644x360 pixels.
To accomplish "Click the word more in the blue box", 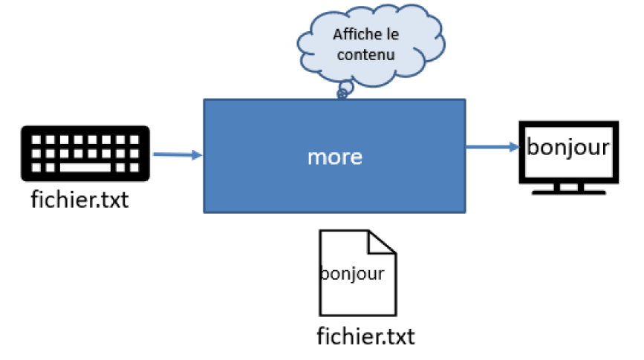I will (x=334, y=157).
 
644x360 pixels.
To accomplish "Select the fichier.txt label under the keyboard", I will (x=79, y=200).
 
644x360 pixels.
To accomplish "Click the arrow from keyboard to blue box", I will (x=177, y=155).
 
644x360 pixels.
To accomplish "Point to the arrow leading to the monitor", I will (x=491, y=147).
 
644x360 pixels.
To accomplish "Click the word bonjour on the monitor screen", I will (x=568, y=145).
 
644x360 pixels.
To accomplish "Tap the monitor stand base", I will (x=568, y=190).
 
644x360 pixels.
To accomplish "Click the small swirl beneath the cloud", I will (x=343, y=93).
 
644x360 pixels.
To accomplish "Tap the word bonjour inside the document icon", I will (x=352, y=273).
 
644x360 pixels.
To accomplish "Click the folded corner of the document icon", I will (x=382, y=242).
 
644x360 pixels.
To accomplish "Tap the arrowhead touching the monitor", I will (x=513, y=147).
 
